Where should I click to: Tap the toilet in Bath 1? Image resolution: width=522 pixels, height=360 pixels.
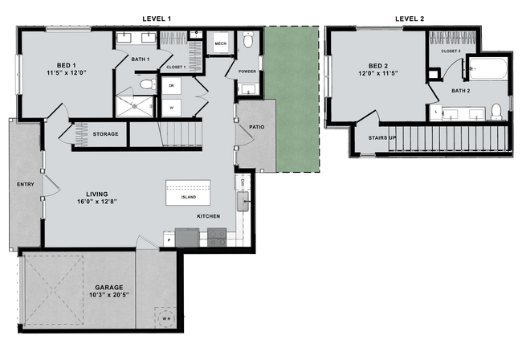pos(147,84)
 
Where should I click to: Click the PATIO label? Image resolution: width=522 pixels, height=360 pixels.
pos(257,127)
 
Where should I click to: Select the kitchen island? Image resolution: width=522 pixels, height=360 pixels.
pos(188,194)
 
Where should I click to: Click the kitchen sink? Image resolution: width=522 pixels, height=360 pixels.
pos(243,198)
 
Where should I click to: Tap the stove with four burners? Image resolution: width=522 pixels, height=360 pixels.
pos(216,237)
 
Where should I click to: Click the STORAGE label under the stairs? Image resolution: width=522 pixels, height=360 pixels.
pos(105,133)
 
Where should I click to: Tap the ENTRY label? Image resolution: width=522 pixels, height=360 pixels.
pos(24,185)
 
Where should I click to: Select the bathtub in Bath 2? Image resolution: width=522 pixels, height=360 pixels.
pos(487,72)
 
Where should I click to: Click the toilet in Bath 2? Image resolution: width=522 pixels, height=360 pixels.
pos(496,111)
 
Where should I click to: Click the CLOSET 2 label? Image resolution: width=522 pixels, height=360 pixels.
pos(451,51)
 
